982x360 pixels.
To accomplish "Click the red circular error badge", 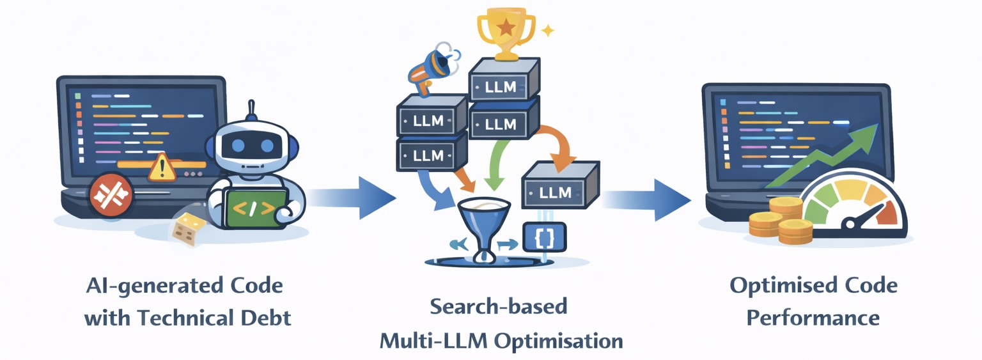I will [x=112, y=195].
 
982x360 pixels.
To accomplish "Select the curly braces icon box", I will [x=536, y=237].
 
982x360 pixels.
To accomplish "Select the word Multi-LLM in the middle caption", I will [x=434, y=340].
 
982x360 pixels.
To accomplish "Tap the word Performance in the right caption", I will [x=813, y=317].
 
